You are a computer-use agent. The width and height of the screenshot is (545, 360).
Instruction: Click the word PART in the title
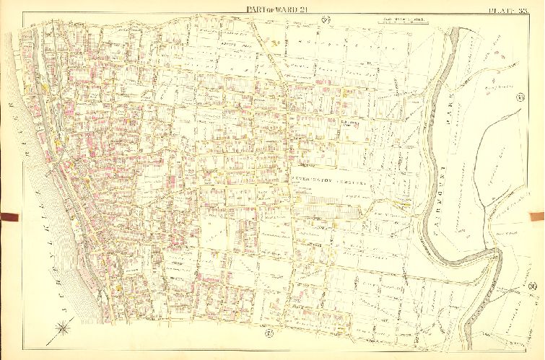236,8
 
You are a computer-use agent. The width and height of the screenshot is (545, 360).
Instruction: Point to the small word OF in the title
252,9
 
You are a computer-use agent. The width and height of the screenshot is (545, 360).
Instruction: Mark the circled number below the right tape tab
532,287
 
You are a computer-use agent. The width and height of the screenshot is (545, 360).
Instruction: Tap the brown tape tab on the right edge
536,215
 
